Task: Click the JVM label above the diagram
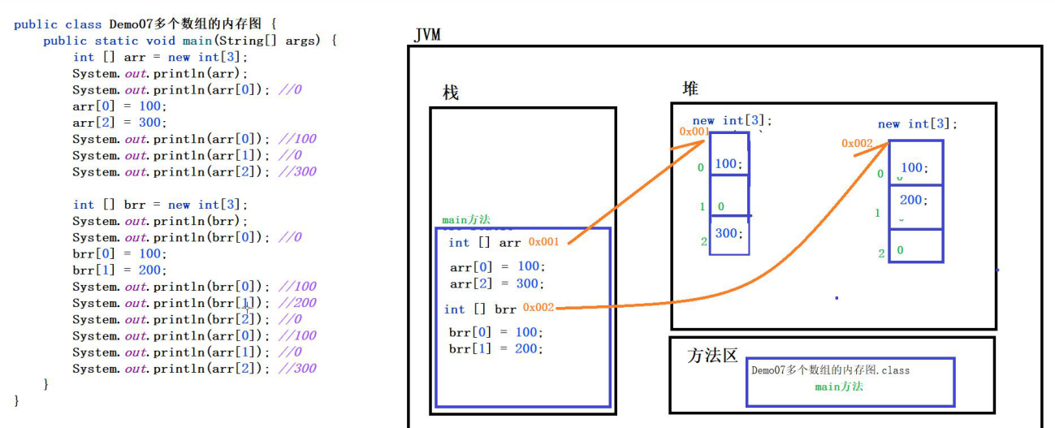coord(428,35)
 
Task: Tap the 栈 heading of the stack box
coord(451,93)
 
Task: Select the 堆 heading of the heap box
coord(690,89)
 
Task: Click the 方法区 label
coord(712,356)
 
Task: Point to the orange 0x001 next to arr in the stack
coord(543,242)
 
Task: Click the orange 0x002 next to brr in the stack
coord(538,307)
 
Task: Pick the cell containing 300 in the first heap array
coord(729,235)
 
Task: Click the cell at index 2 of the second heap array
coord(915,246)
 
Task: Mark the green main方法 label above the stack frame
coord(466,220)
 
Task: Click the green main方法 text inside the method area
coord(839,387)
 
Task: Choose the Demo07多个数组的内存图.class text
coord(830,370)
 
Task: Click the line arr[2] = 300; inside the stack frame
coord(497,283)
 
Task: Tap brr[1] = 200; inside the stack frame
coord(495,348)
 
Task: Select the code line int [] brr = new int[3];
coord(160,205)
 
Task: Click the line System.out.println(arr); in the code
coord(160,73)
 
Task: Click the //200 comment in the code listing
coord(296,303)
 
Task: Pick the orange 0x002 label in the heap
coord(857,144)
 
